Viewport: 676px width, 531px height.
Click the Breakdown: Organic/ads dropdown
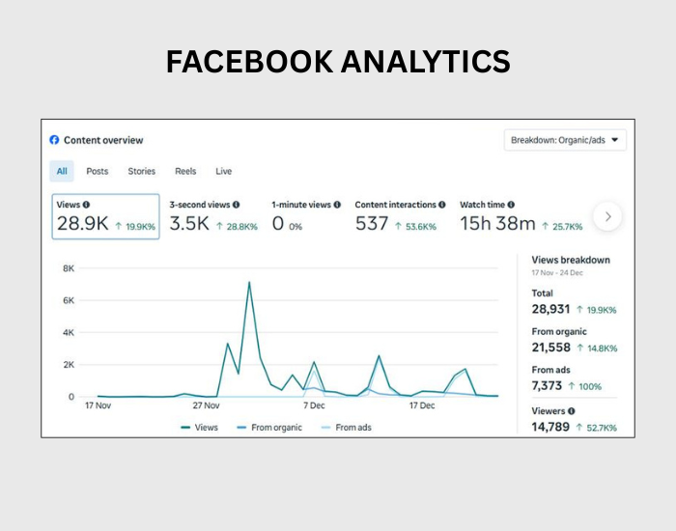pyautogui.click(x=566, y=140)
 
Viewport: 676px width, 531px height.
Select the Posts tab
pyautogui.click(x=98, y=171)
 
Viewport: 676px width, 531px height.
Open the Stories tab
pyautogui.click(x=141, y=171)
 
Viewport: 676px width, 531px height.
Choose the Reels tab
pyautogui.click(x=185, y=171)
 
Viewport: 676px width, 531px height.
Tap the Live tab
pyautogui.click(x=223, y=171)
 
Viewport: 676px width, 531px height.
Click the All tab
pyautogui.click(x=62, y=171)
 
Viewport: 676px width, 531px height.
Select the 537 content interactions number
pyautogui.click(x=371, y=224)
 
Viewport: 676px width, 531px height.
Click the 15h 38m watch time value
pyautogui.click(x=496, y=224)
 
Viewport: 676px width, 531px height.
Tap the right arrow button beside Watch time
pyautogui.click(x=607, y=217)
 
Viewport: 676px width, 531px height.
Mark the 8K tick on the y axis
pyautogui.click(x=69, y=268)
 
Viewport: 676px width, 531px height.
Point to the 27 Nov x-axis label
pyautogui.click(x=206, y=405)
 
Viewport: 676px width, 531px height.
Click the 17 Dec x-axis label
pyautogui.click(x=422, y=405)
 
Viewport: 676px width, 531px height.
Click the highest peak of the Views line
pyautogui.click(x=249, y=282)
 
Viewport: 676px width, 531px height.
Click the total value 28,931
pyautogui.click(x=550, y=309)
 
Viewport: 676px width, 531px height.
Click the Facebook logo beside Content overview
pyautogui.click(x=54, y=140)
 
